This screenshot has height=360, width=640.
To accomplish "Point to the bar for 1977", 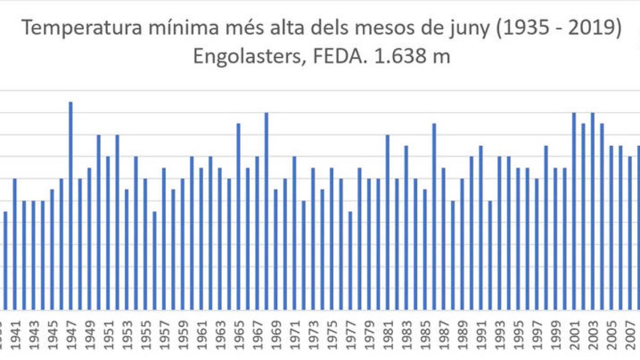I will coord(350,261).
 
